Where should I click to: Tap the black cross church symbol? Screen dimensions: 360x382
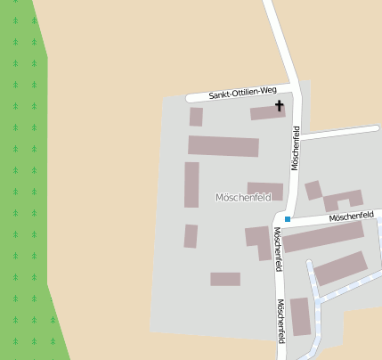click(x=279, y=107)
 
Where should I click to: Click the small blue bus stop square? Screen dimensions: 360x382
click(x=288, y=219)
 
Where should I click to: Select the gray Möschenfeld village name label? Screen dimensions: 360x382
click(x=242, y=197)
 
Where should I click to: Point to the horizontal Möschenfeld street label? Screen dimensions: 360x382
click(x=349, y=217)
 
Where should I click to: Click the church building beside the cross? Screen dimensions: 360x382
click(x=265, y=113)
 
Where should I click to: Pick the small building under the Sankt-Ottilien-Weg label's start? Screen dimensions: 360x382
click(x=196, y=117)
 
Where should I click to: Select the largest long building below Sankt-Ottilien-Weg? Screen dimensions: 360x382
click(x=223, y=146)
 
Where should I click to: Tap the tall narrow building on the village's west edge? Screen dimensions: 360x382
click(x=191, y=184)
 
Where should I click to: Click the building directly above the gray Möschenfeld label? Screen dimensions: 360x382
click(x=265, y=190)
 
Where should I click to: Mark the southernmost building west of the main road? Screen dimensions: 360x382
click(x=225, y=279)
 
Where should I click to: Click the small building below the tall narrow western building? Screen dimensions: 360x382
click(x=191, y=236)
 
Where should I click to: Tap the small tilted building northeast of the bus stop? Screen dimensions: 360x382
click(x=313, y=190)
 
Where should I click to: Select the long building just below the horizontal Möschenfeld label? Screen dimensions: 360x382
click(x=323, y=237)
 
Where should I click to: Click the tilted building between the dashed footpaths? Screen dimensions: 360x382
click(x=340, y=268)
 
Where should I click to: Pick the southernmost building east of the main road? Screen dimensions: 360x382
click(x=300, y=315)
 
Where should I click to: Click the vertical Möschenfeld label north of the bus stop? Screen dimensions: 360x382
click(x=295, y=148)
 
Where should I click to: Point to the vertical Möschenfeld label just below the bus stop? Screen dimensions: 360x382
click(x=278, y=242)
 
